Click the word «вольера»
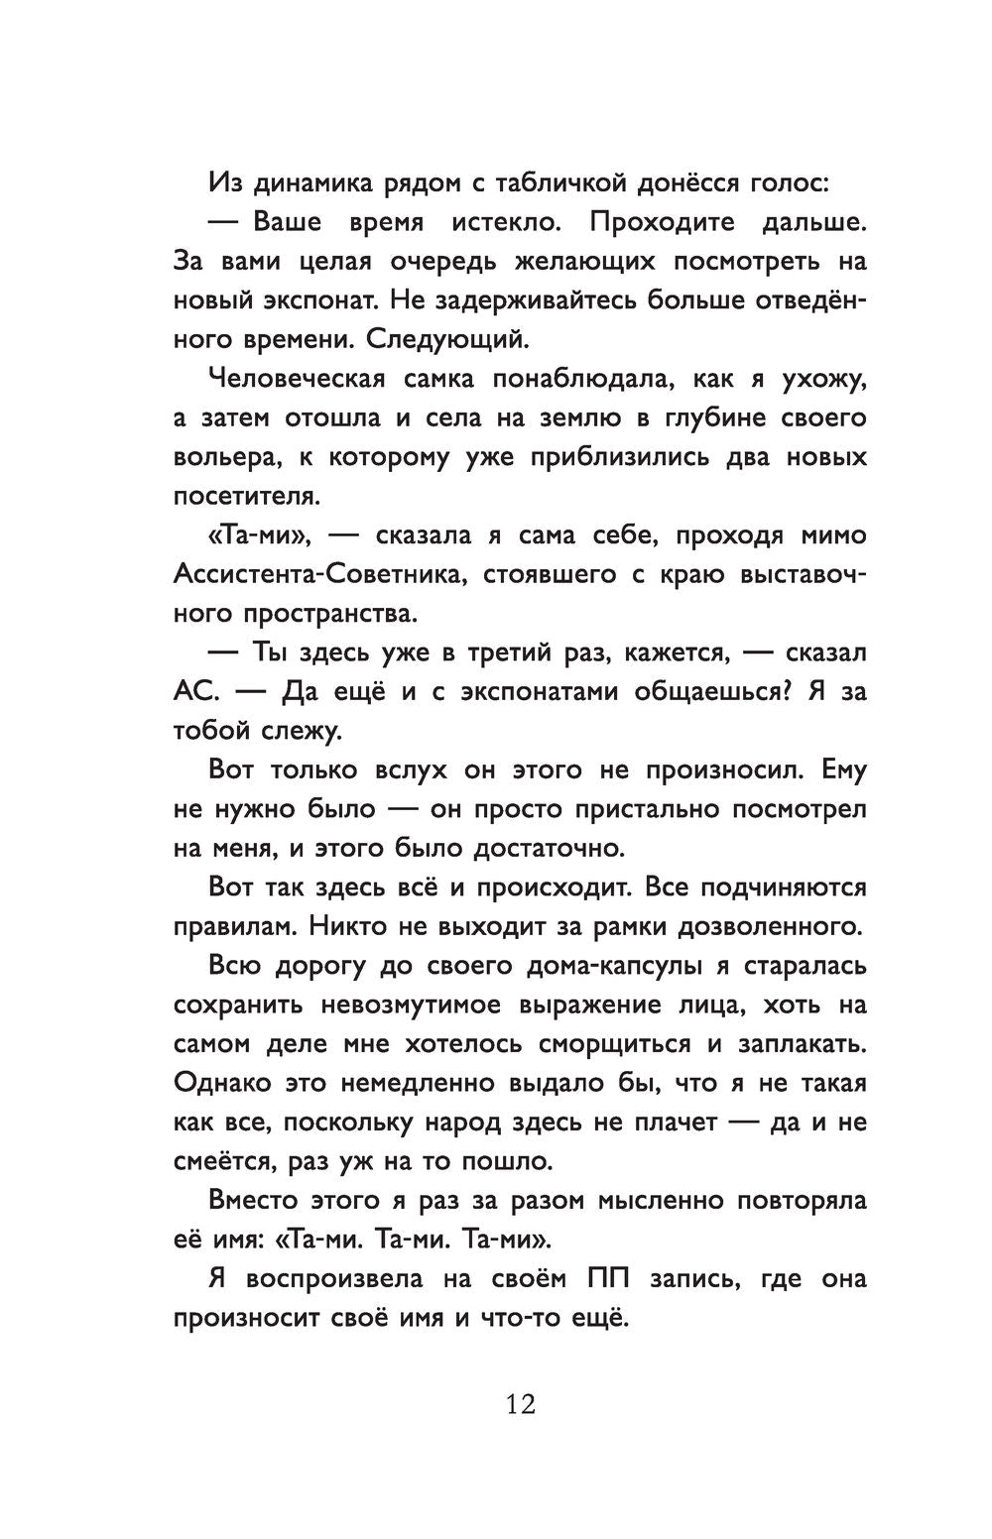click(x=220, y=457)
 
